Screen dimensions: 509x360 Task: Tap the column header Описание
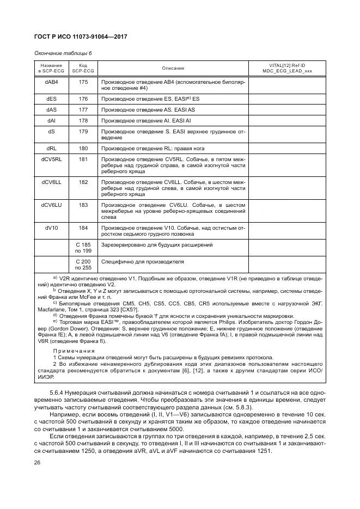click(173, 69)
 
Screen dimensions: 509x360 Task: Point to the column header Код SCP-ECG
click(83, 69)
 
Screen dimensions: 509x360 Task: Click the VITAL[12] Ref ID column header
click(287, 69)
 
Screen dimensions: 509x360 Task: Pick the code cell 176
click(83, 99)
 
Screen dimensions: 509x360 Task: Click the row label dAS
click(52, 109)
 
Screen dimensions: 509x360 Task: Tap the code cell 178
click(83, 120)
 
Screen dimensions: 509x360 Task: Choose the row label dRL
click(52, 149)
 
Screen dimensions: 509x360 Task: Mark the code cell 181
click(83, 159)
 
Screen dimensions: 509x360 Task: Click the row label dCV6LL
click(52, 181)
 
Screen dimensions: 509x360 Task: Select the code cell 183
click(83, 205)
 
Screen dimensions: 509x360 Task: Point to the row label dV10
click(52, 228)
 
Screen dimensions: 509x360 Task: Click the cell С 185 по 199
click(83, 248)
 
